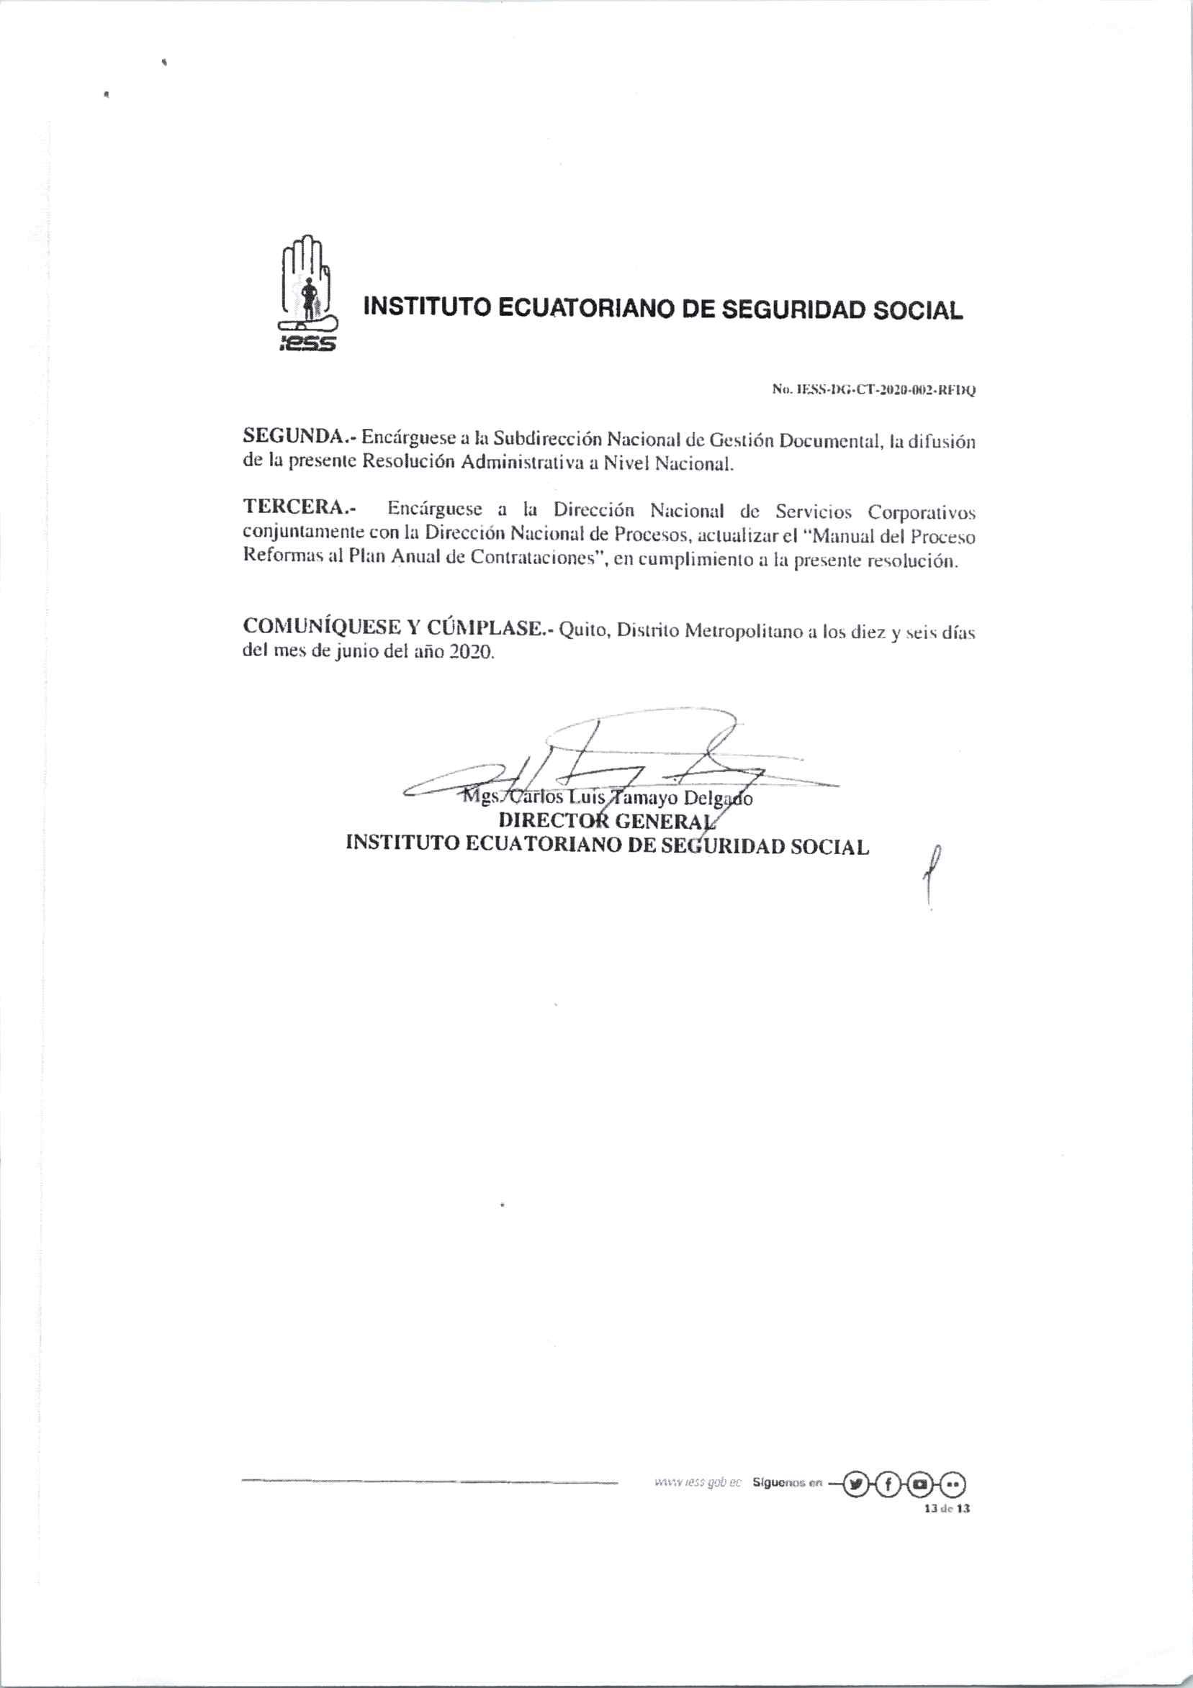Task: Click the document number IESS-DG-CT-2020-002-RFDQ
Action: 873,390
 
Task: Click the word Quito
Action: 585,630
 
